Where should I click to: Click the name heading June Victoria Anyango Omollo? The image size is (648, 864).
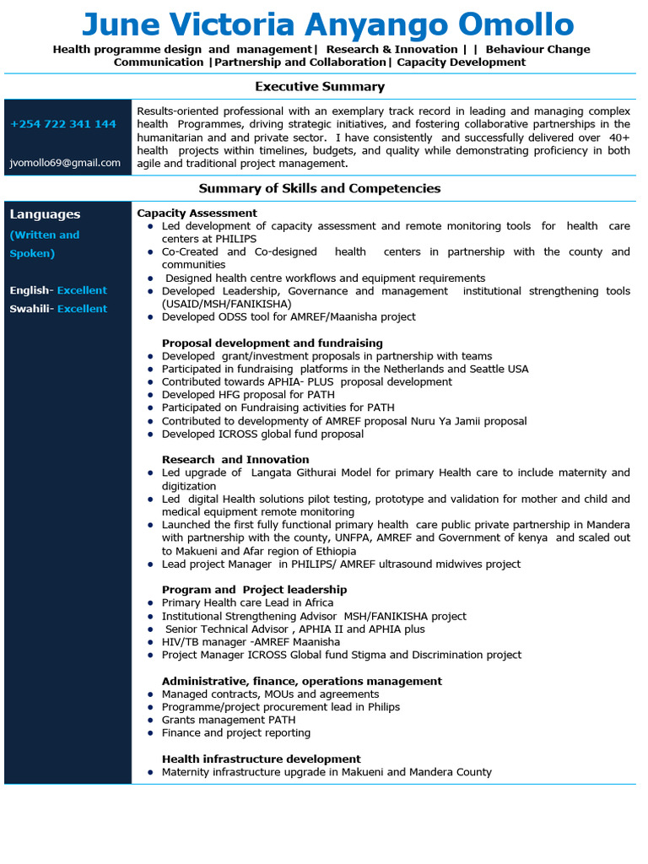coord(327,24)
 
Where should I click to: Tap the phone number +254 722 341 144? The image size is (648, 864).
coord(63,124)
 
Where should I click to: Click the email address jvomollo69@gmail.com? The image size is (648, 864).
coord(65,163)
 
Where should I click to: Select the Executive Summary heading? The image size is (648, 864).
coord(320,86)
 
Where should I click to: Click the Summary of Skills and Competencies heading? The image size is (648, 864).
coord(320,188)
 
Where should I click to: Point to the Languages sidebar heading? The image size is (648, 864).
coord(46,214)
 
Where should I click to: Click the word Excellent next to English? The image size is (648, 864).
coord(82,290)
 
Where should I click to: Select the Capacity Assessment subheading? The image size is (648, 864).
coord(197,213)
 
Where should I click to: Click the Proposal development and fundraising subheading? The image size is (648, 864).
coord(273,343)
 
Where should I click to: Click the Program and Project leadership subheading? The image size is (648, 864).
coord(254,590)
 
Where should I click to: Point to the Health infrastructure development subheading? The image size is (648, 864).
coord(262,759)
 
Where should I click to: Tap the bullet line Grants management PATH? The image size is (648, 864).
coord(229,720)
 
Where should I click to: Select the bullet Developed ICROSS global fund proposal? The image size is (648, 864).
coord(262,435)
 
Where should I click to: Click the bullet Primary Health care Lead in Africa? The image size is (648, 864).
coord(247,603)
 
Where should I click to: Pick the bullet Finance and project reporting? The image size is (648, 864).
coord(236,733)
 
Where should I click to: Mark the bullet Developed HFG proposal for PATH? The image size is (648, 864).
coord(248,395)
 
